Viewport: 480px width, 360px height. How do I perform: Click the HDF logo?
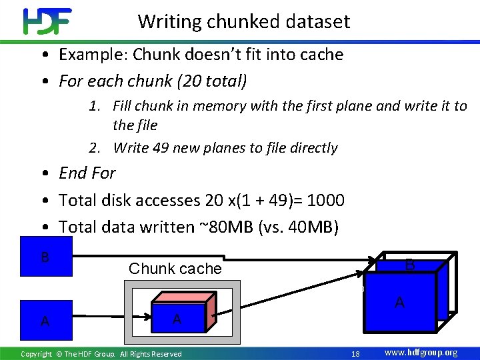click(x=47, y=21)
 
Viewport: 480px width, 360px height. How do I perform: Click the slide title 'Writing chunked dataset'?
click(x=243, y=21)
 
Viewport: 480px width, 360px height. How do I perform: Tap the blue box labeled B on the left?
click(x=45, y=257)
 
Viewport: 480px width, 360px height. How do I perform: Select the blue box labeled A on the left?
click(x=45, y=321)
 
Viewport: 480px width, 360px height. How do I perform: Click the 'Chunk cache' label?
click(x=175, y=269)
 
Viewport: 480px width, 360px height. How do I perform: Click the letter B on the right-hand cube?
click(x=410, y=265)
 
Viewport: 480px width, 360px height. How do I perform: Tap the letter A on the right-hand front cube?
click(x=399, y=303)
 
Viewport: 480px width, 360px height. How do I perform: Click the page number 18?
click(x=355, y=353)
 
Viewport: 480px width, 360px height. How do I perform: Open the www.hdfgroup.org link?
click(x=421, y=353)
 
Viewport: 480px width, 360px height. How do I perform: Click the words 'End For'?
click(x=87, y=173)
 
